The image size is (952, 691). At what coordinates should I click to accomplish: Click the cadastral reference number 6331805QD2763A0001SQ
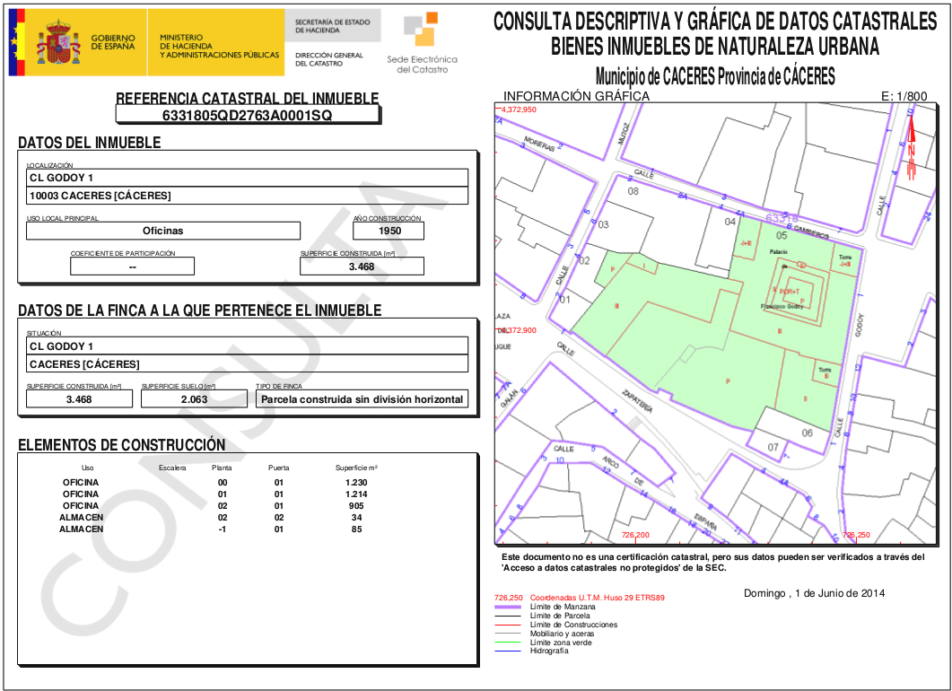pyautogui.click(x=247, y=116)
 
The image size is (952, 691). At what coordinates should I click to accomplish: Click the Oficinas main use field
pyautogui.click(x=162, y=231)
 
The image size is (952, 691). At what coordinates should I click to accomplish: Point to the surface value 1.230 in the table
pyautogui.click(x=356, y=483)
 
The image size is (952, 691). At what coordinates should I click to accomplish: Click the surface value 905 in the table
pyautogui.click(x=356, y=506)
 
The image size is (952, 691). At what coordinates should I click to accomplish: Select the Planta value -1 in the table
pyautogui.click(x=222, y=529)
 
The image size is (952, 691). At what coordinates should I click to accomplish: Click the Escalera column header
pyautogui.click(x=172, y=468)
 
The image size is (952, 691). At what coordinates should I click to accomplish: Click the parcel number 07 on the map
pyautogui.click(x=773, y=447)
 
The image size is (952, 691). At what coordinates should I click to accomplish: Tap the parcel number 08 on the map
pyautogui.click(x=633, y=192)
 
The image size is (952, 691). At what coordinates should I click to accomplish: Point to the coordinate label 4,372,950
pyautogui.click(x=519, y=109)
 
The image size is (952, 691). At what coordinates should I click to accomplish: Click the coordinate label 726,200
pyautogui.click(x=635, y=535)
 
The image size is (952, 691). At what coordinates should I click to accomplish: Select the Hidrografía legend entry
pyautogui.click(x=549, y=651)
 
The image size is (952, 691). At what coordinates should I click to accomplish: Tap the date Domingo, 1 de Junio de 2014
pyautogui.click(x=814, y=593)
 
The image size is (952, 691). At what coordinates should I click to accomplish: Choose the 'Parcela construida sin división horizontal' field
pyautogui.click(x=362, y=399)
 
